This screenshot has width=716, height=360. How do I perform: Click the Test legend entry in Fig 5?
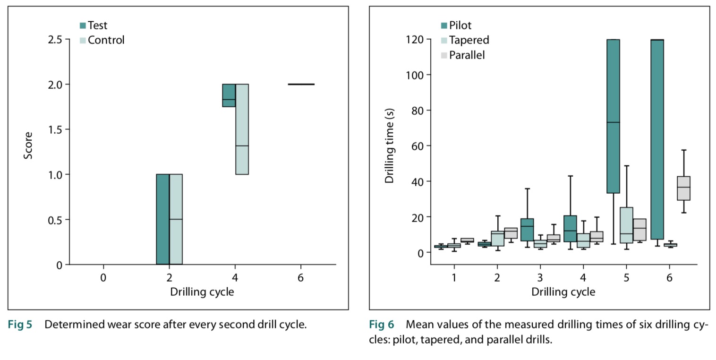point(94,26)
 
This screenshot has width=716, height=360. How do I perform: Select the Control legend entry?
point(102,40)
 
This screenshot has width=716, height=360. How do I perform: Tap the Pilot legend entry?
point(456,26)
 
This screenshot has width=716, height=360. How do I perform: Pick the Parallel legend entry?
point(463,55)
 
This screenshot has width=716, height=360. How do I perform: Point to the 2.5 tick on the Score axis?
point(55,39)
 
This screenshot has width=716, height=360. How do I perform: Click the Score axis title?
point(28,146)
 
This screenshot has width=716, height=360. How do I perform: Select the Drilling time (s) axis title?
point(390,146)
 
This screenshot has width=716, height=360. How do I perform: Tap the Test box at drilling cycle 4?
point(229,95)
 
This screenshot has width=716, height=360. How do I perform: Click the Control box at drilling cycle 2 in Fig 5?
point(176,219)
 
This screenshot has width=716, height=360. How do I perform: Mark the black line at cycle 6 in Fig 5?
point(301,84)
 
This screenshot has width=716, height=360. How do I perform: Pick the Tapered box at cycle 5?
point(626,225)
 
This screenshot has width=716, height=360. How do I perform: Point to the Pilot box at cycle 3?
point(527,230)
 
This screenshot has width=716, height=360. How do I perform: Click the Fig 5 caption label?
point(20,325)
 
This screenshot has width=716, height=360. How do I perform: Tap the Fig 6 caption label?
point(381,325)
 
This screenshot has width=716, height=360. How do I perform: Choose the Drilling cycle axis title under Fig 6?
point(563,291)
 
